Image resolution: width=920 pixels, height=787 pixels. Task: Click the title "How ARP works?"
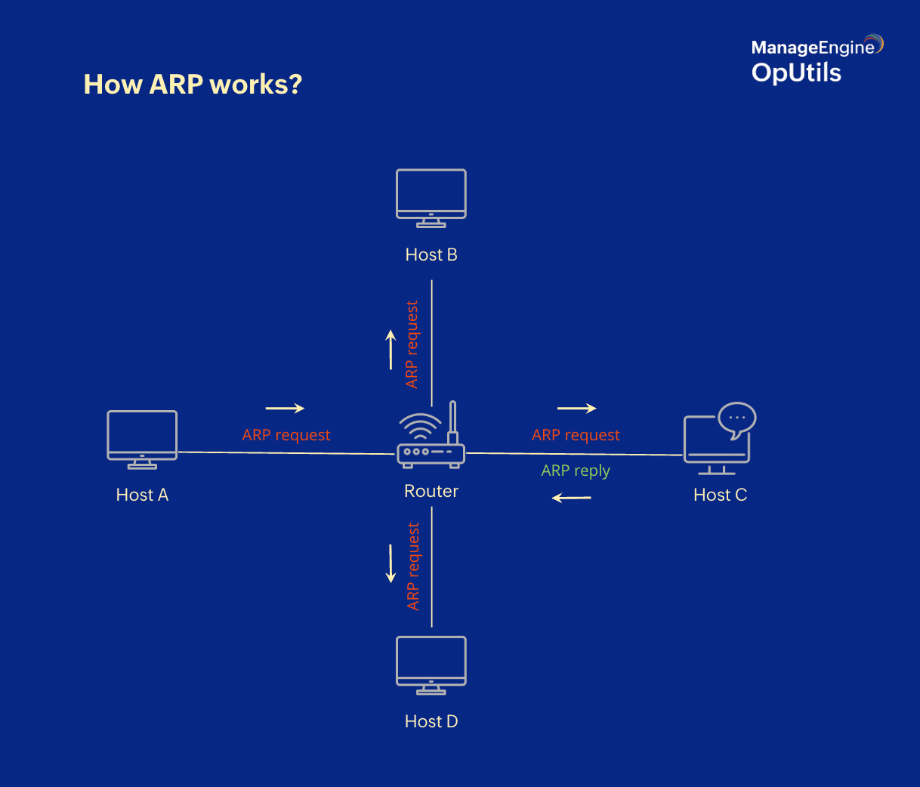pos(193,84)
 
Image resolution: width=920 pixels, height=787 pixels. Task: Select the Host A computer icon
pos(142,439)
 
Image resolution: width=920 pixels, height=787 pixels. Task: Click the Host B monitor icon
pos(431,197)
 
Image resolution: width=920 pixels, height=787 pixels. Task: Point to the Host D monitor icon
pos(431,664)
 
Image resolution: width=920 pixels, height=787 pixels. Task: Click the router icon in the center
pos(431,442)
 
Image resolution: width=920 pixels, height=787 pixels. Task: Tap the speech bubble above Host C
pos(736,418)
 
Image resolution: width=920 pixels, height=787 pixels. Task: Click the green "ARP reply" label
pos(576,471)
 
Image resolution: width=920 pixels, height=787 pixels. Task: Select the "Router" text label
pos(431,491)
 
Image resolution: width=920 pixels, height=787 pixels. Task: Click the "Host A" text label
pos(142,495)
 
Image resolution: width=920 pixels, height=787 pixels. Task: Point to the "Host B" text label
pos(431,255)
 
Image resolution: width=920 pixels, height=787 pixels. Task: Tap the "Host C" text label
pos(720,495)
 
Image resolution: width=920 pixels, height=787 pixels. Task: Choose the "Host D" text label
pos(431,721)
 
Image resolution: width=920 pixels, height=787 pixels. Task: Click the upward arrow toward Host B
pos(391,350)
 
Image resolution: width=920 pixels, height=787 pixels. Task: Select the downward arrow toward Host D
pos(391,563)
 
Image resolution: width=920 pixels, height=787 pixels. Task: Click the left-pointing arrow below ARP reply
pos(572,498)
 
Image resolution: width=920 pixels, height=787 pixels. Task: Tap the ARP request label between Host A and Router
pos(286,435)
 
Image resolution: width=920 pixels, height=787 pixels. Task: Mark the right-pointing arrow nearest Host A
pos(285,408)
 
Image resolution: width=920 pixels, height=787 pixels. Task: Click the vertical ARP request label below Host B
pos(412,344)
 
